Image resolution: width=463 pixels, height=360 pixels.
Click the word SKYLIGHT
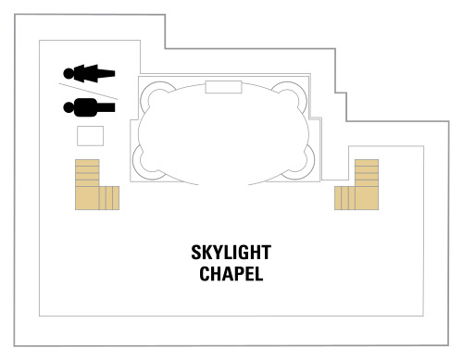(x=231, y=253)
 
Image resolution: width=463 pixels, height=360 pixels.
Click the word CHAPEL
(x=231, y=274)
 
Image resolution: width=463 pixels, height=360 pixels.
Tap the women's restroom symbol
(x=89, y=74)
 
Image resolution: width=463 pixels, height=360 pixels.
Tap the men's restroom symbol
(x=89, y=107)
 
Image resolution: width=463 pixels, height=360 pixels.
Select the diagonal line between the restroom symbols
(x=88, y=92)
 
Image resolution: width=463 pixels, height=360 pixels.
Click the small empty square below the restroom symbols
(x=90, y=136)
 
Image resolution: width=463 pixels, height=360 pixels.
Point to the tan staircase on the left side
(x=97, y=184)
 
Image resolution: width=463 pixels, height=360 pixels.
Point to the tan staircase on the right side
(x=357, y=184)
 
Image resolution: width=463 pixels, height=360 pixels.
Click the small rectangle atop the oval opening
(x=223, y=87)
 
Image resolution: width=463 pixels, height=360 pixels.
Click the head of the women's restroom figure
(x=69, y=74)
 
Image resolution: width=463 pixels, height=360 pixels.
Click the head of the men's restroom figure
(x=69, y=107)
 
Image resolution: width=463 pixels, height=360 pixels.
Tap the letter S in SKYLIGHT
(x=195, y=253)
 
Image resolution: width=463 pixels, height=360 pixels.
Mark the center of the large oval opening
(x=223, y=132)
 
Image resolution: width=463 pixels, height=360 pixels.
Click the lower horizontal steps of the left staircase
(x=109, y=198)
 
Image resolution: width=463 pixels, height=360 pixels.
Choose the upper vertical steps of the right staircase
(x=367, y=173)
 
